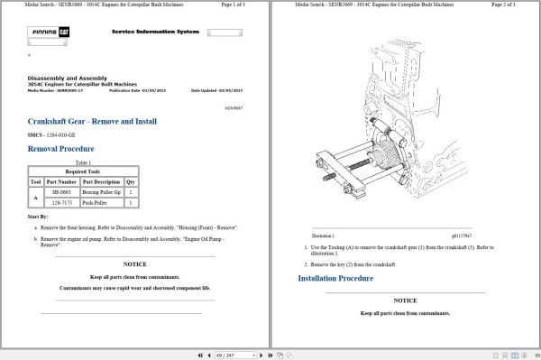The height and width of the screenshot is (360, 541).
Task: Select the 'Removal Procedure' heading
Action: click(x=61, y=148)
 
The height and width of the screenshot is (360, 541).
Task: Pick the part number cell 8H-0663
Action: click(x=60, y=192)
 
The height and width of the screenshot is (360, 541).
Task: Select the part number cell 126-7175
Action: click(x=60, y=203)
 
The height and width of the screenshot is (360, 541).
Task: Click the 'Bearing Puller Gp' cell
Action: click(x=101, y=192)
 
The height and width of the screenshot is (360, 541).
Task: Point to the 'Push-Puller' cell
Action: click(x=95, y=203)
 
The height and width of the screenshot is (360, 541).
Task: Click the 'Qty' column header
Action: click(x=131, y=181)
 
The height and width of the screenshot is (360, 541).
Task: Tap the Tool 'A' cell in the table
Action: click(x=36, y=198)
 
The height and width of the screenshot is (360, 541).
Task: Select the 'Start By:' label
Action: click(x=39, y=217)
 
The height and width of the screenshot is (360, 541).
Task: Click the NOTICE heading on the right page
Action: click(x=405, y=300)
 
